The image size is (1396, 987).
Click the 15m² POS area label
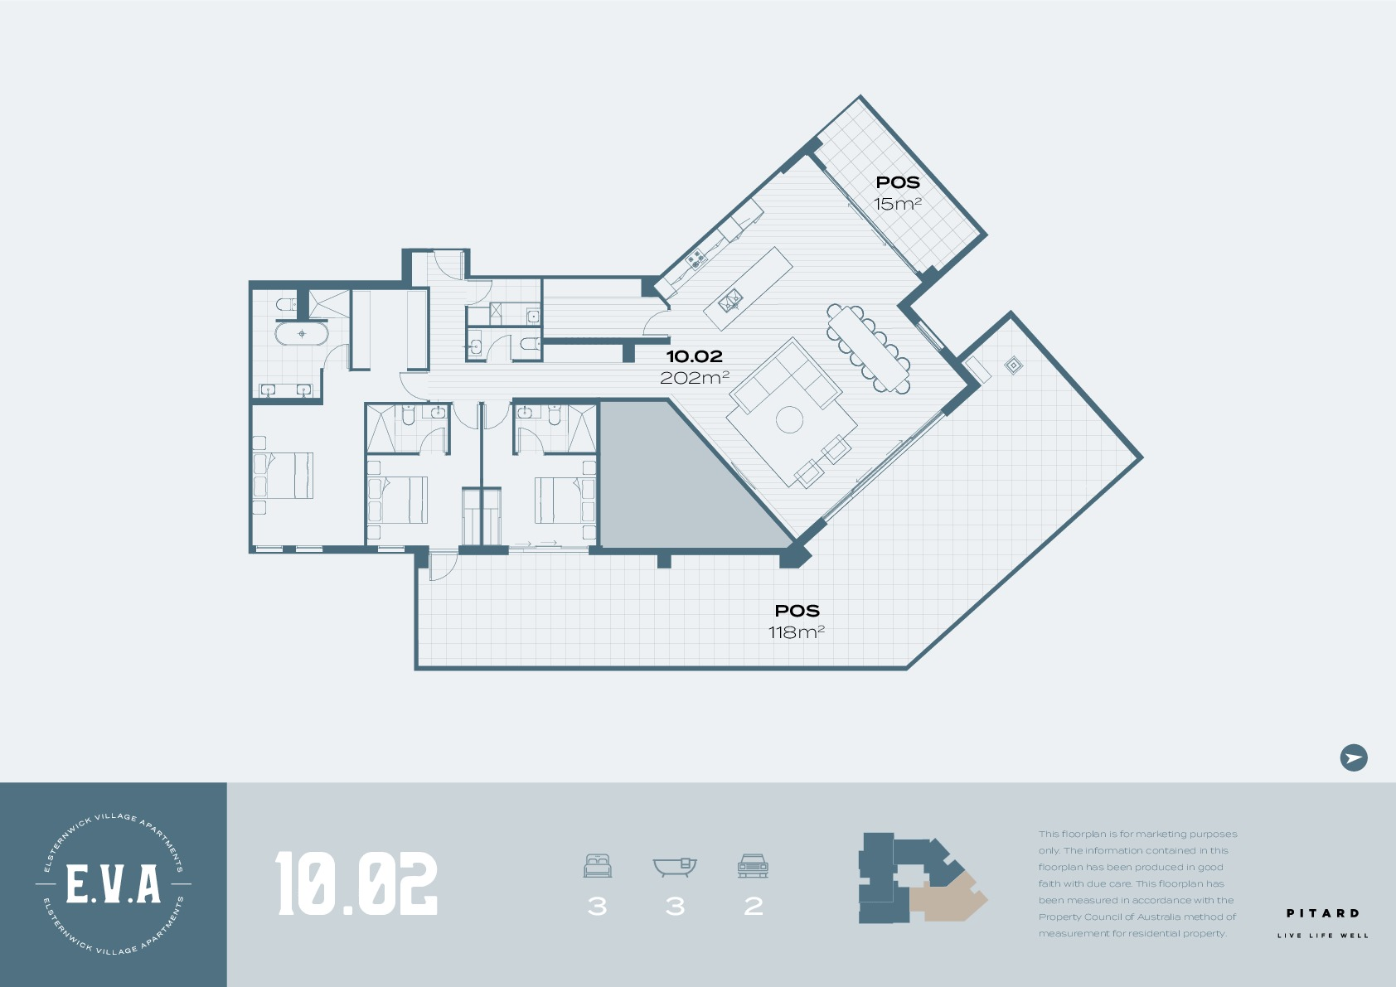point(898,204)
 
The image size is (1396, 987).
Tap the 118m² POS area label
point(797,631)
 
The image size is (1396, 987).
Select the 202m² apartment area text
point(694,378)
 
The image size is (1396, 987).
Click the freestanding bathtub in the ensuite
point(302,333)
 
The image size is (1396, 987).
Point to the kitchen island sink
point(730,302)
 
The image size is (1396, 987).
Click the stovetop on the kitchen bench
point(695,258)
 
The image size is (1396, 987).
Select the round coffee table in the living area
point(790,419)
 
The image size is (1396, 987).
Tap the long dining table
point(869,348)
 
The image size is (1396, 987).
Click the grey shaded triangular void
point(666,486)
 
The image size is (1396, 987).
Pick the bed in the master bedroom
point(283,475)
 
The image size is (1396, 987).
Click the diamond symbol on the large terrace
point(1014,365)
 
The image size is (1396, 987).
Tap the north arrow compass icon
point(1354,757)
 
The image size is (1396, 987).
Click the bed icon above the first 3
point(597,866)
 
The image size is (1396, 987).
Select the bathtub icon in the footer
point(675,867)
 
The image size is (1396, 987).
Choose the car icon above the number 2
point(753,866)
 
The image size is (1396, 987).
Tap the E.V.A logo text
point(114,884)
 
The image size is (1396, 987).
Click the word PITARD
point(1322,913)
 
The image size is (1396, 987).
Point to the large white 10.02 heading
point(356,884)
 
